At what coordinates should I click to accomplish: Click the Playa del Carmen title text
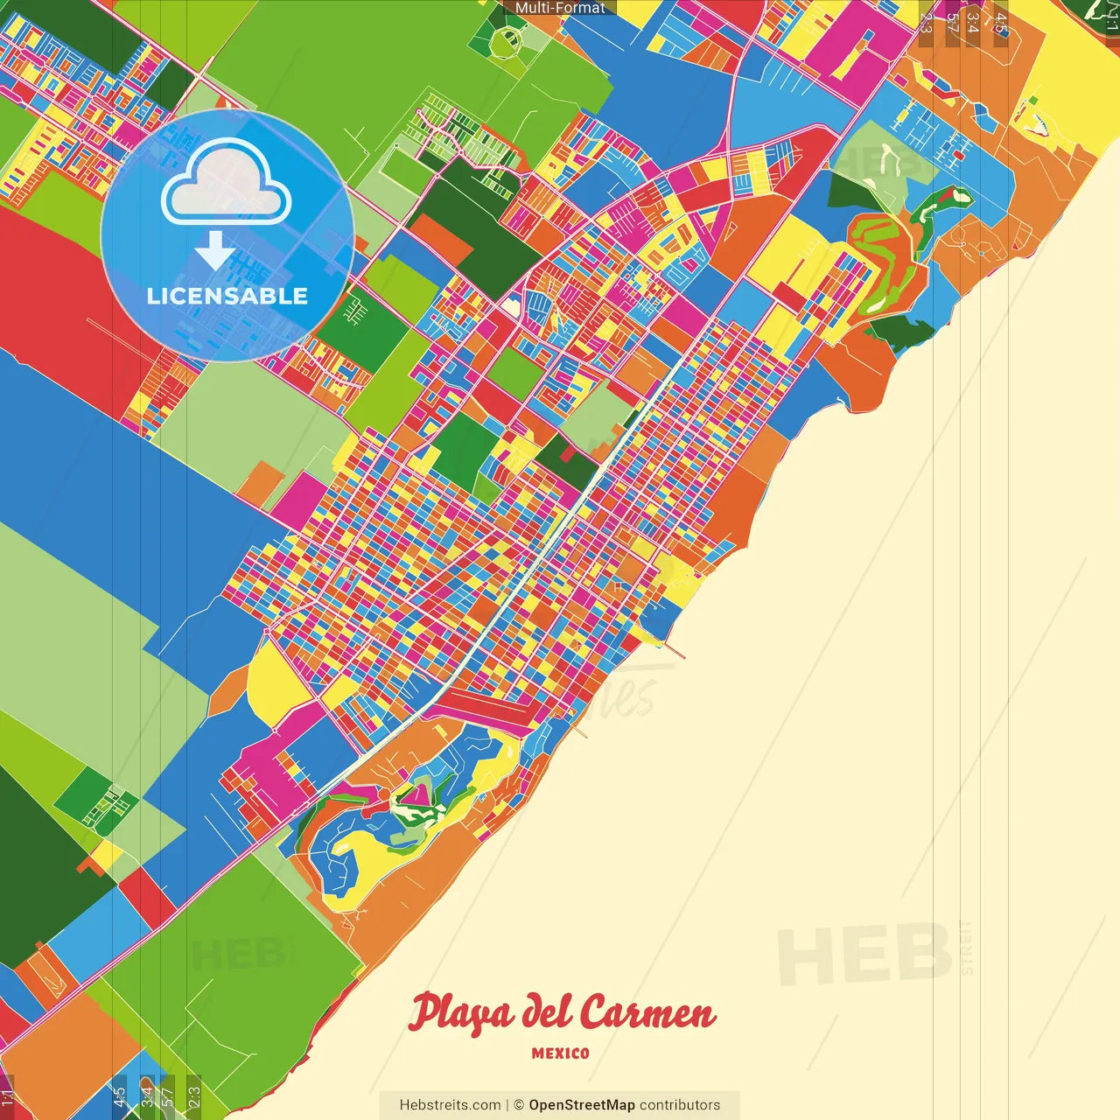pos(562,1013)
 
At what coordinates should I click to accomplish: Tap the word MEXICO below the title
pos(560,1053)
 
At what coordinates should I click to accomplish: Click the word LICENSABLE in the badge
pos(227,296)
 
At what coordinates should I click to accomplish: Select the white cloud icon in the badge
pos(227,182)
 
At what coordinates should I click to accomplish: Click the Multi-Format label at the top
pos(560,8)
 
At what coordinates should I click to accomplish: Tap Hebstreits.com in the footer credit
pos(450,1105)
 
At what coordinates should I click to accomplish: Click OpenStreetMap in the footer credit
pos(581,1105)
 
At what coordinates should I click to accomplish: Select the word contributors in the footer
pos(680,1105)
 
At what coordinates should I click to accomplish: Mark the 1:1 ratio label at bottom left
pos(7,1097)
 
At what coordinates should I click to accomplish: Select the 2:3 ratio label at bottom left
pos(193,1095)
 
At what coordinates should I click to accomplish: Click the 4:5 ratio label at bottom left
pos(119,1095)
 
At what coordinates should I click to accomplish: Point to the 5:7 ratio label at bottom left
pos(167,1095)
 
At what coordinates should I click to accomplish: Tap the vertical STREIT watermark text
pos(966,947)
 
